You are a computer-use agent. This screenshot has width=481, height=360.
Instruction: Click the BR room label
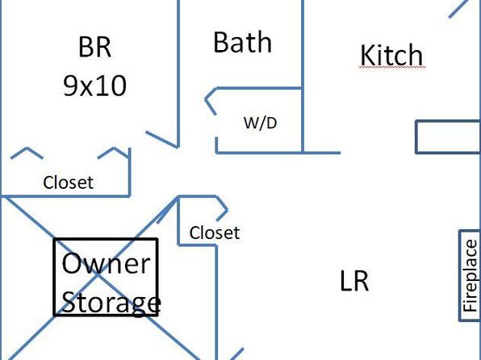pos(94,47)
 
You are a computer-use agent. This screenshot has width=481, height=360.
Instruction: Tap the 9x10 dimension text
pos(94,86)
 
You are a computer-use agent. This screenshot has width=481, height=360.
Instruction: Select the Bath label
pos(242,42)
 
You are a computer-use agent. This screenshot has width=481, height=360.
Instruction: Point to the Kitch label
pos(391,55)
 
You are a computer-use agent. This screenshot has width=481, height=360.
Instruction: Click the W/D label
pos(260,123)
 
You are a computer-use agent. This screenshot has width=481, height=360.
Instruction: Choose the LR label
pos(354,281)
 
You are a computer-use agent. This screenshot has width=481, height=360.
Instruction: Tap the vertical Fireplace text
pos(471,276)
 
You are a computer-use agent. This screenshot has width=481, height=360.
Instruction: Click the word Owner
pos(107,263)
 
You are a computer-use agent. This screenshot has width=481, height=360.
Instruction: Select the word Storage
pos(111,303)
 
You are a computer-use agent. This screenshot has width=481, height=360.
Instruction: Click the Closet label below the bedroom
pos(68,182)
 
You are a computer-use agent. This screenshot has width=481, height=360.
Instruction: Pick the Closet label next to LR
pos(215,233)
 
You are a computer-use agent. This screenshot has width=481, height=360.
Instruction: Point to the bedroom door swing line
pos(162,140)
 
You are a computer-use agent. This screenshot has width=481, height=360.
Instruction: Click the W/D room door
pos(211,102)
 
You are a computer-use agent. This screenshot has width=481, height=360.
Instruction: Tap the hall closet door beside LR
pos(222,208)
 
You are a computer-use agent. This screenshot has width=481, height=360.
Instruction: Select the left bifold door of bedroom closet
pos(27,153)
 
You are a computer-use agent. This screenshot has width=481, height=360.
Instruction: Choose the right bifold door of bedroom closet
pos(114,153)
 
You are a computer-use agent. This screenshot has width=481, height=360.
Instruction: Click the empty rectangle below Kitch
pos(448,137)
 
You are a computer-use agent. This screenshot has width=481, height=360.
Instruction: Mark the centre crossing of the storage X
pos(98,274)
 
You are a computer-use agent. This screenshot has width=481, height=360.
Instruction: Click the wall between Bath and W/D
pos(259,89)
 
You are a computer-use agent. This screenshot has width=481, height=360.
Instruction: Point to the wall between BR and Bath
pos(178,73)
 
